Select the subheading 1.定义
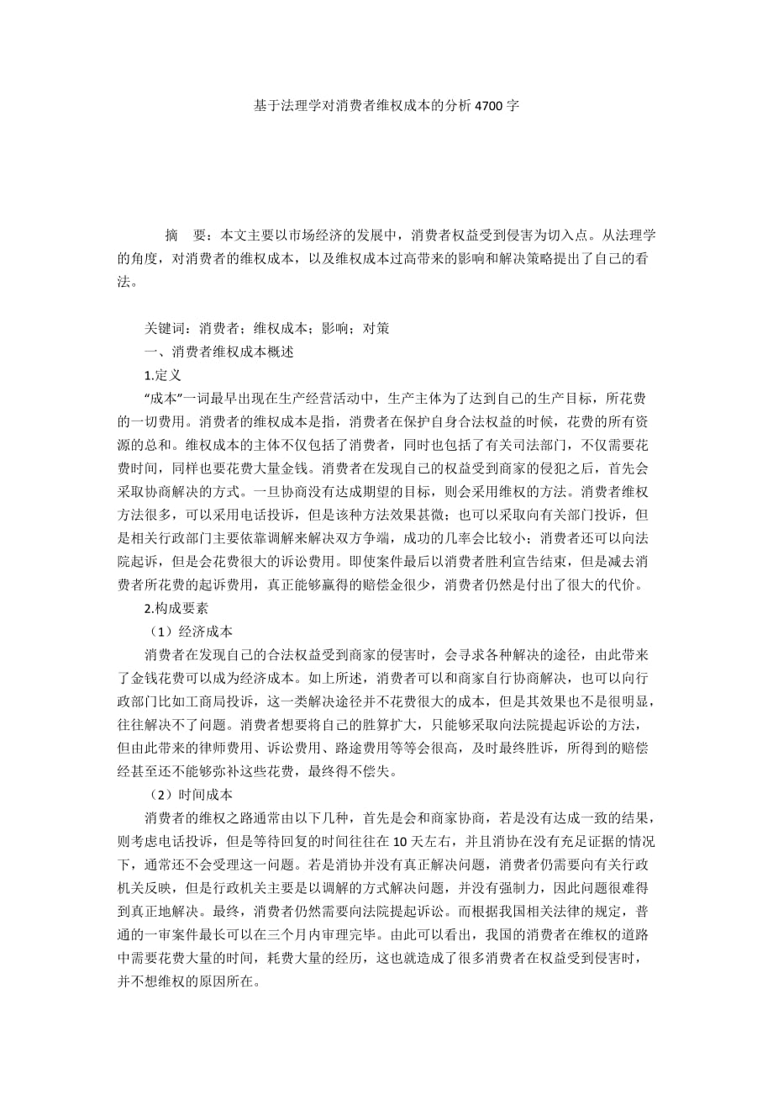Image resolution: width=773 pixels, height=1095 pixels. (x=163, y=376)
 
